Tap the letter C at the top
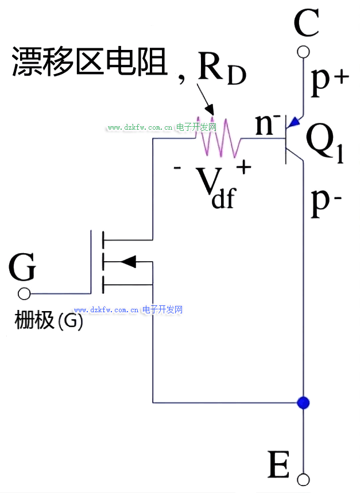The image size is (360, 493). pos(305,24)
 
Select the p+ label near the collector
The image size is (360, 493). pos(329,81)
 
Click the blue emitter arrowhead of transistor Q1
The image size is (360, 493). pos(295,122)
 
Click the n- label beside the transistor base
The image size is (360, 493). pos(268,124)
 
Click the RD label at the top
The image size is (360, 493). pos(221,69)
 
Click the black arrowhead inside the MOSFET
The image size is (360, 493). pos(128,262)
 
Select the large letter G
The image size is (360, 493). pos(23,267)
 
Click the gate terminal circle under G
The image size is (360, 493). pos(24,294)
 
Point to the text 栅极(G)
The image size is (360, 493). pos(49,321)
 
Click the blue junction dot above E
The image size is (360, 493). pos(303,402)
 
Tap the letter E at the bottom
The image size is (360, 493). pos(279,465)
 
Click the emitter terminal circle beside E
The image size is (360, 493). pos(303,479)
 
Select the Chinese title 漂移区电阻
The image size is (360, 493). pos(90,61)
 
